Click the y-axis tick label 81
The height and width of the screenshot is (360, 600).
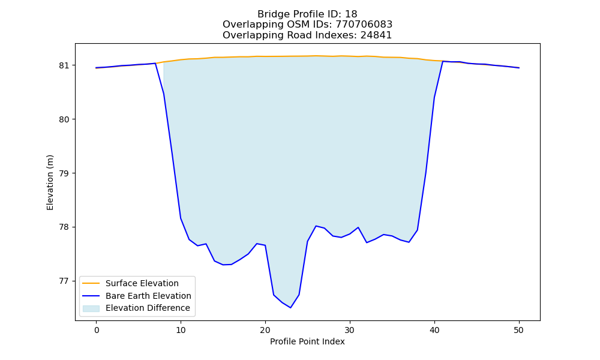[65, 65]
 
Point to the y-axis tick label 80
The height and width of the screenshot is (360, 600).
[65, 119]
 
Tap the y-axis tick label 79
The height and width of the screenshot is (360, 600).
[65, 173]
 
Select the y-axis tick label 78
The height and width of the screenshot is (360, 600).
[65, 227]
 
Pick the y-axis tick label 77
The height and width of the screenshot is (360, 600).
[65, 281]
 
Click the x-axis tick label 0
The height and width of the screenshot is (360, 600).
[97, 330]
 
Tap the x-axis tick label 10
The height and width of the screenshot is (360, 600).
[181, 330]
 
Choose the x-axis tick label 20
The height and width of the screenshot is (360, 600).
[265, 330]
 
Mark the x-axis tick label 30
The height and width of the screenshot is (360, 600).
[350, 330]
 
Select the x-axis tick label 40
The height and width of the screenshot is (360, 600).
[434, 330]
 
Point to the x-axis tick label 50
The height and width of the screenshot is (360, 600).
[519, 330]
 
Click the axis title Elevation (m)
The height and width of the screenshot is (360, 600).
[50, 182]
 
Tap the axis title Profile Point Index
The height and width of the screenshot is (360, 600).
[307, 341]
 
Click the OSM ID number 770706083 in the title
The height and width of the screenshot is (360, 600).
[364, 25]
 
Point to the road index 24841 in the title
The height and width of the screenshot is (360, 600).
[376, 35]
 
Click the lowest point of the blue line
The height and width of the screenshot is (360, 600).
[290, 308]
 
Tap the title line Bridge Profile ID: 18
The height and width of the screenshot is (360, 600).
[307, 14]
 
